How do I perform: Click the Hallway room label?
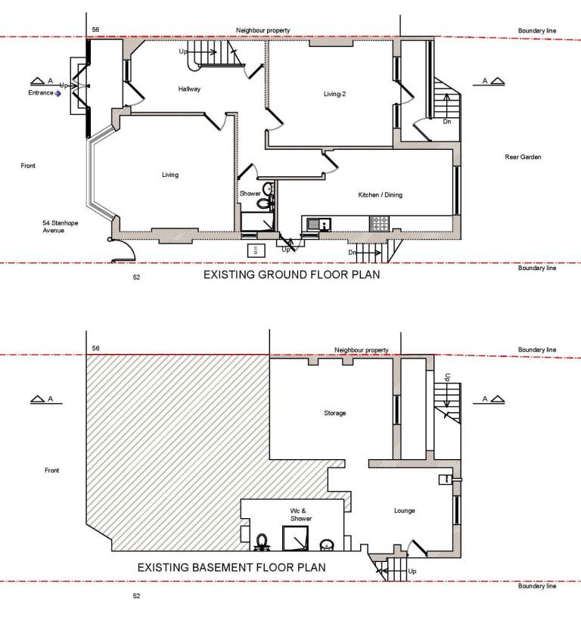click(x=189, y=89)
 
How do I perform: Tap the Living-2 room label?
click(x=334, y=94)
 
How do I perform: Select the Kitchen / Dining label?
click(x=381, y=195)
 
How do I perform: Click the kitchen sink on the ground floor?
click(x=318, y=224)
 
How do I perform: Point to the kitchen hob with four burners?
click(x=380, y=224)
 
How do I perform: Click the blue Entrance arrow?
click(x=57, y=94)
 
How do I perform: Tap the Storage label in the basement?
click(x=334, y=413)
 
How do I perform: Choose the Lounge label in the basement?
click(x=405, y=511)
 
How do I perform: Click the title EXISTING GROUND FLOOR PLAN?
click(x=291, y=275)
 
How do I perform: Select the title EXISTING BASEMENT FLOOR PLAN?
click(x=231, y=567)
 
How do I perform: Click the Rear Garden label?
click(x=523, y=157)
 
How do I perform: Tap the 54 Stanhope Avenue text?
click(x=61, y=226)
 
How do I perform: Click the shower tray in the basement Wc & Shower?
click(x=295, y=538)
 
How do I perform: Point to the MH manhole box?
click(x=256, y=250)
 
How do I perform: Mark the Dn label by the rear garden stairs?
click(x=447, y=122)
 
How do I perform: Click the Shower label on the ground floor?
click(x=250, y=194)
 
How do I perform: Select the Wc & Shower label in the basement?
click(x=300, y=514)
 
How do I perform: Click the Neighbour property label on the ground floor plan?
click(x=263, y=30)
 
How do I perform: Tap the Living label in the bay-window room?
click(x=170, y=175)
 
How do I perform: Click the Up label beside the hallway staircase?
click(x=183, y=51)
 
